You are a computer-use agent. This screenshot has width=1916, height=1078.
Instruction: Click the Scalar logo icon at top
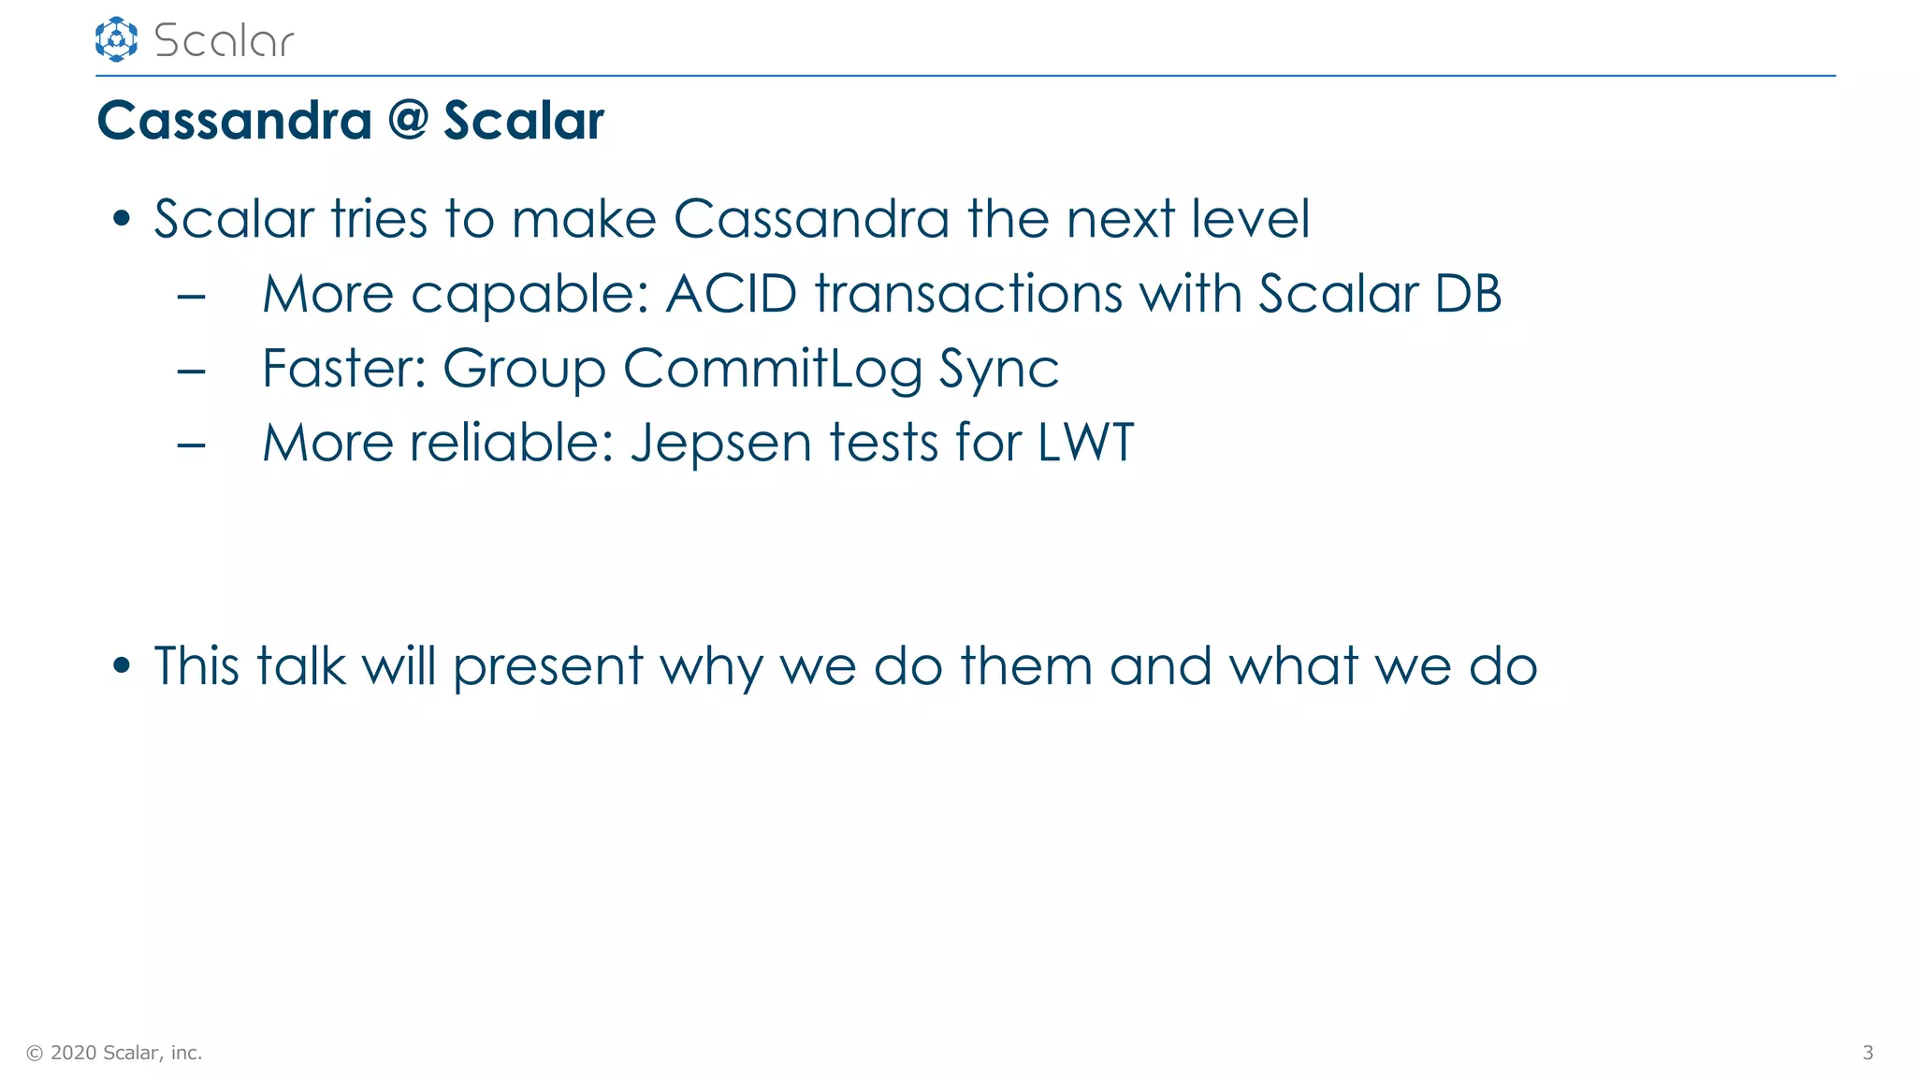tap(116, 39)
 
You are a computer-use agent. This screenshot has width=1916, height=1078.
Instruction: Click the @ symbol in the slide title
tap(408, 121)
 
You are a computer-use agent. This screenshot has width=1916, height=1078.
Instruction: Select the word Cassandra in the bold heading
tap(235, 121)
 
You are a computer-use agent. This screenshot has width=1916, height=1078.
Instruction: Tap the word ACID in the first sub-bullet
tap(731, 294)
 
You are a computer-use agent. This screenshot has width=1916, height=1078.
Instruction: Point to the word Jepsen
tap(721, 444)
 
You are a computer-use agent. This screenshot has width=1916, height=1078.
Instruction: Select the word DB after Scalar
tap(1468, 294)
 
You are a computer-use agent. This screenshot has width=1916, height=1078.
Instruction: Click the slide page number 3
tap(1867, 1053)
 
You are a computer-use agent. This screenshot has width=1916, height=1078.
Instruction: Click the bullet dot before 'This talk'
tap(121, 666)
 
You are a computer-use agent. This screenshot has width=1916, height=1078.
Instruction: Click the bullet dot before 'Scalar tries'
tap(121, 219)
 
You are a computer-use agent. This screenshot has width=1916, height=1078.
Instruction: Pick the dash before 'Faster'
tap(191, 371)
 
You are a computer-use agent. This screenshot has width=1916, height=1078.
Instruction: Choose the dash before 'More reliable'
tap(191, 444)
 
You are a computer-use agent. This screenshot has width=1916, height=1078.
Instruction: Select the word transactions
tap(967, 294)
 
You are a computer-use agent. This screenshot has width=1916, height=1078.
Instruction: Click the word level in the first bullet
tap(1250, 219)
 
